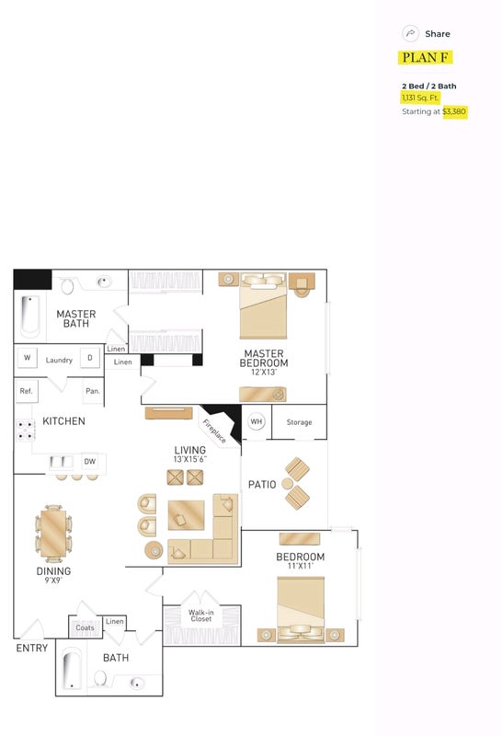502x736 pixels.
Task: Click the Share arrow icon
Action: point(410,33)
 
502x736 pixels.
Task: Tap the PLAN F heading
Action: point(425,57)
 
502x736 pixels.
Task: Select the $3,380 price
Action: point(454,111)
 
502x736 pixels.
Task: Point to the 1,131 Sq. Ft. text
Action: point(419,98)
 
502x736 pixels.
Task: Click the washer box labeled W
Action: point(28,358)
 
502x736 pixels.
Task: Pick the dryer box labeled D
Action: point(89,358)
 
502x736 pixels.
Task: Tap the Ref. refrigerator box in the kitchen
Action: point(27,390)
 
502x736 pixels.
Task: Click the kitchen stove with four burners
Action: point(26,430)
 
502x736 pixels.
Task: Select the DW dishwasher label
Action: point(89,462)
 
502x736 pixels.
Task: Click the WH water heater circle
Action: point(257,421)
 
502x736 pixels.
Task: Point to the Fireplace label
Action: point(214,431)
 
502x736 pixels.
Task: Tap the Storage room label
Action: point(300,422)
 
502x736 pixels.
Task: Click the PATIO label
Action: point(262,485)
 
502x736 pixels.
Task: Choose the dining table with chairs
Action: point(53,534)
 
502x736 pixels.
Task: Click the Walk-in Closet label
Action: point(200,615)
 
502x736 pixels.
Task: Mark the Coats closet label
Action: point(85,627)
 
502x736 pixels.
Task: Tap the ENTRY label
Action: point(32,649)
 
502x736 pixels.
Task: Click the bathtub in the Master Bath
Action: point(30,316)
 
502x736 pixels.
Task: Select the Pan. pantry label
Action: point(93,390)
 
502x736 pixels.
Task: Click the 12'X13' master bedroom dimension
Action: point(264,373)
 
